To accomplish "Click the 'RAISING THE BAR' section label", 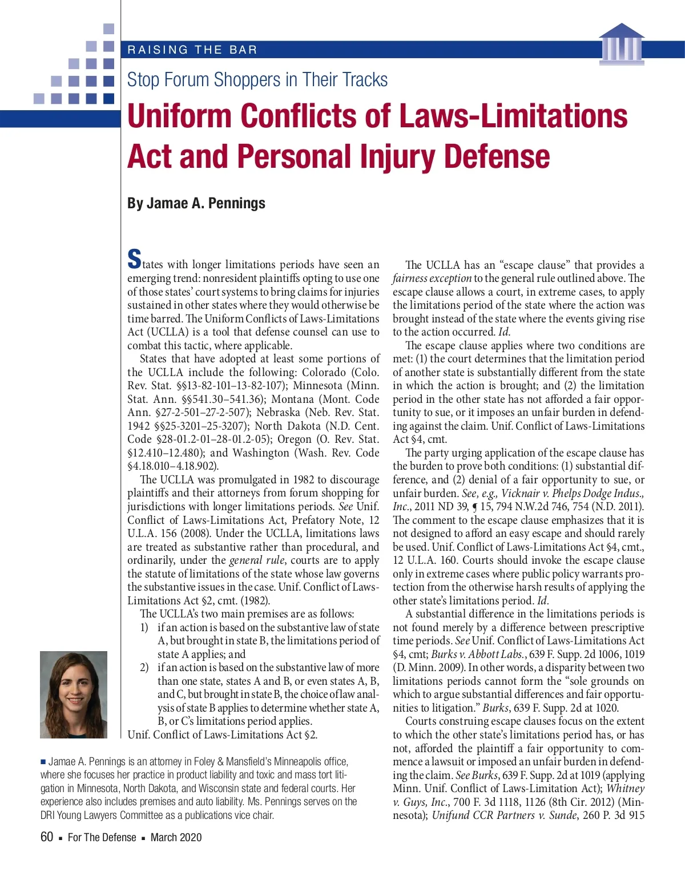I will [192, 50].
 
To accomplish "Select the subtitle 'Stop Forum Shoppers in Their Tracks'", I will [257, 80].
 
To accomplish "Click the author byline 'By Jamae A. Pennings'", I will [196, 203].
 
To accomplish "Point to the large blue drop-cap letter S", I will [134, 259].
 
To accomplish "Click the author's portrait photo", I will [74, 695].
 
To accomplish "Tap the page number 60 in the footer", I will [47, 837].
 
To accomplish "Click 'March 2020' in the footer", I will [176, 837].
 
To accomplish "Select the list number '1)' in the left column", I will [144, 627].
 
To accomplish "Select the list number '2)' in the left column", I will [144, 667].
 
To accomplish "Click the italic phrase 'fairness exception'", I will [432, 278].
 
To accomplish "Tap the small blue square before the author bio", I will [43, 761].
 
